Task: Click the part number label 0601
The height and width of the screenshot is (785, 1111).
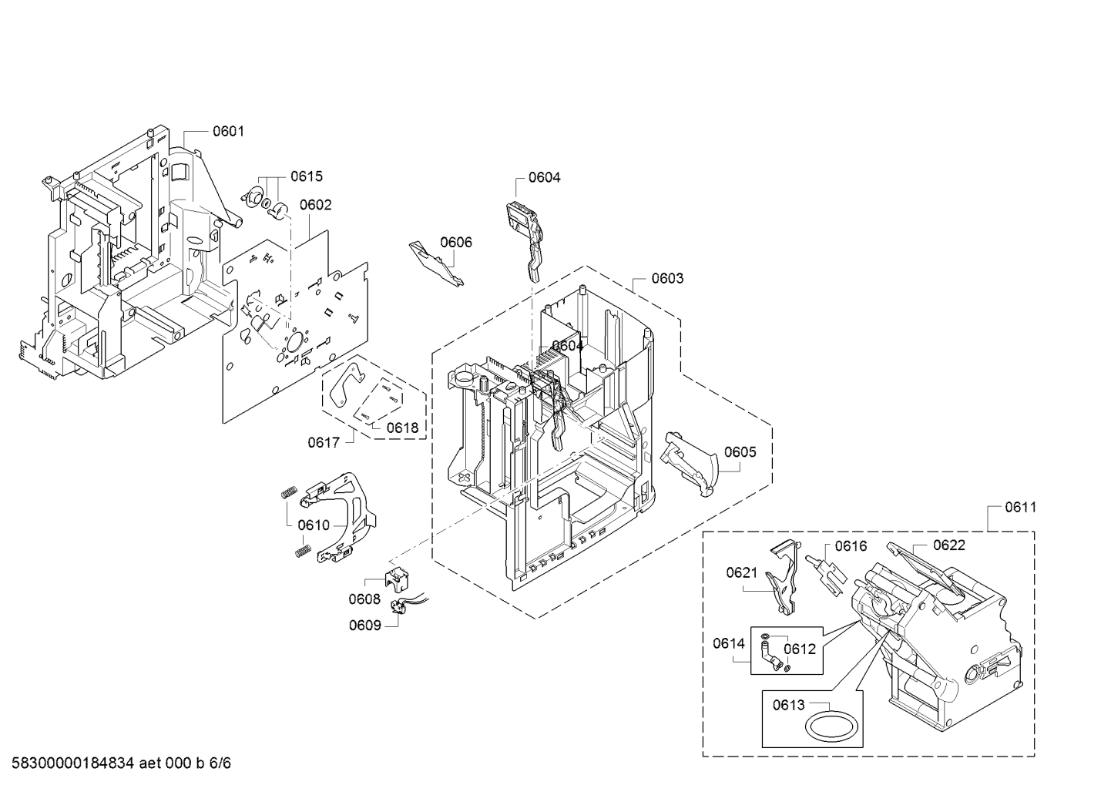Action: (x=228, y=132)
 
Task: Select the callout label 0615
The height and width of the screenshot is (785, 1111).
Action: (x=307, y=176)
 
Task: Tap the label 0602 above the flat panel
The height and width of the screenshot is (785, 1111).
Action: (x=315, y=205)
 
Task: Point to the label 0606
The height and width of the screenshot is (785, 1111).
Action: (x=456, y=242)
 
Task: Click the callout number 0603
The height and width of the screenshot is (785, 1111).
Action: (x=667, y=278)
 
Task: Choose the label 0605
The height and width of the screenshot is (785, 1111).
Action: (x=740, y=451)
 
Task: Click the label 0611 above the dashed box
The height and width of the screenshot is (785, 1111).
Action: (x=1021, y=508)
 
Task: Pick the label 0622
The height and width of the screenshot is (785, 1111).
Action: (x=949, y=545)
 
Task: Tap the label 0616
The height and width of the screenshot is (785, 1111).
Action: (x=851, y=546)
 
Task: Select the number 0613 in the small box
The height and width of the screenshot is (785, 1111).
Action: (x=789, y=705)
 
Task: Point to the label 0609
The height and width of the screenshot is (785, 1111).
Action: (x=365, y=626)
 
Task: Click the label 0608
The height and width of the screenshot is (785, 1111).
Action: (x=364, y=599)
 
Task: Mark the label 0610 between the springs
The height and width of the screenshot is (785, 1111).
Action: (x=314, y=525)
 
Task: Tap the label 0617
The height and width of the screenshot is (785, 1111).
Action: (x=324, y=442)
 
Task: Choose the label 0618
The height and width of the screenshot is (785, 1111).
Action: (x=402, y=428)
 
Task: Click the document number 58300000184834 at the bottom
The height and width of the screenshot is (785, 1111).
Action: (x=72, y=763)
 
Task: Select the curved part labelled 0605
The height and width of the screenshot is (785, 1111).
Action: (x=690, y=463)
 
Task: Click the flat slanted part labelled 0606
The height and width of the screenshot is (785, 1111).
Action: (x=436, y=263)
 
